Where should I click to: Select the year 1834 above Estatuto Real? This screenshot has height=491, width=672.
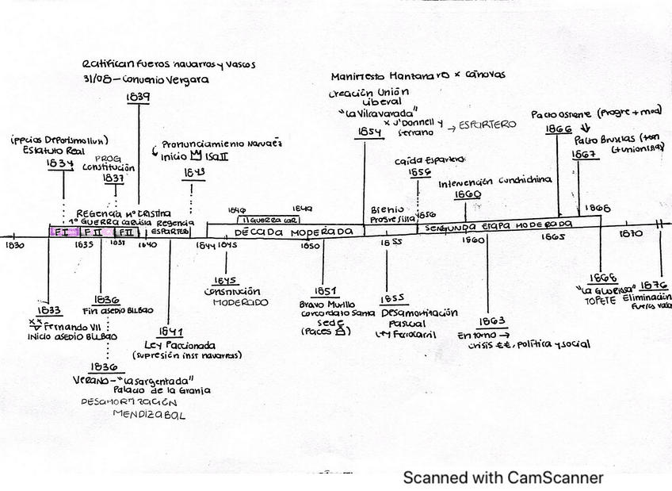pos(60,163)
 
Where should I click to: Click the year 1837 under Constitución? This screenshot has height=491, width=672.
pos(113,178)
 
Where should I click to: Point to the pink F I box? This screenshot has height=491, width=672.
pos(62,232)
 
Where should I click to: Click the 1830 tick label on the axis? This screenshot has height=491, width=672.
pos(13,245)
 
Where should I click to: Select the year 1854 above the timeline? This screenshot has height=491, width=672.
pos(368,132)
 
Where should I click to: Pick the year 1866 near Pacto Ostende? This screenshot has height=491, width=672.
pos(559,128)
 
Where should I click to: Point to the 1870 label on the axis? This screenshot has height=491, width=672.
pos(631,235)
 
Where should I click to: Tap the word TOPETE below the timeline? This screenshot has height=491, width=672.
pos(600,301)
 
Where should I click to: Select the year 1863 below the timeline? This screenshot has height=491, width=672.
pos(491,323)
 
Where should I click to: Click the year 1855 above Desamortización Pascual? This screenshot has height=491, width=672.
pos(392,299)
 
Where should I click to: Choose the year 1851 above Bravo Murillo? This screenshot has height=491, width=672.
pos(326,291)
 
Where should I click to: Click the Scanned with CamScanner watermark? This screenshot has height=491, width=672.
pos(502,478)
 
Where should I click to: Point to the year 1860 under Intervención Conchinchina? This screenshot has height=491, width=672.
pos(468,194)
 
